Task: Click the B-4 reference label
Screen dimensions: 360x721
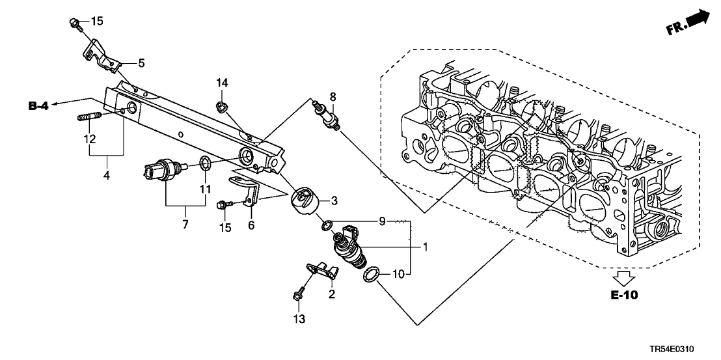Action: point(40,105)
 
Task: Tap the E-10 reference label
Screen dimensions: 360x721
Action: point(623,295)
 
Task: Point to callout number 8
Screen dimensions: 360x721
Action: point(333,97)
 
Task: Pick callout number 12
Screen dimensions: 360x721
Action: point(89,139)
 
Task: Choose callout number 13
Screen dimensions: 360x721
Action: point(299,319)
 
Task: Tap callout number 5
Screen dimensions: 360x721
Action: point(141,63)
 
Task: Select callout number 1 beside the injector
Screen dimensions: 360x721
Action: point(425,247)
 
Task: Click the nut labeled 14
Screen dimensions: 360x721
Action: point(221,105)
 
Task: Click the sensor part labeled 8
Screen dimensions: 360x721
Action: point(325,115)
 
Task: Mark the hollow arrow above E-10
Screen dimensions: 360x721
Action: point(624,278)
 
